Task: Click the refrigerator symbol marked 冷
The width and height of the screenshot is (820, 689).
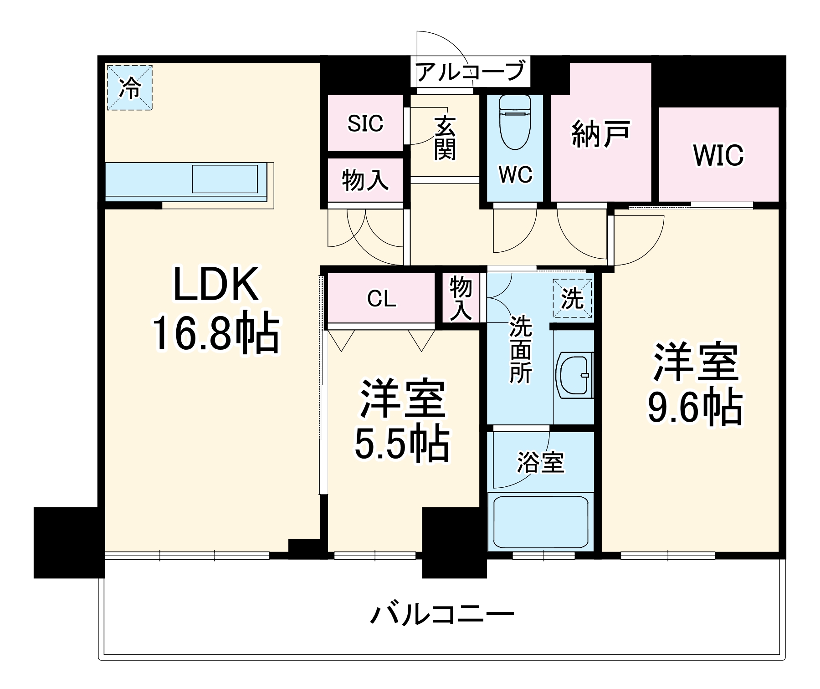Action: [130, 87]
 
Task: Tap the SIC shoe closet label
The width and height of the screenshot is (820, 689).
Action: [365, 123]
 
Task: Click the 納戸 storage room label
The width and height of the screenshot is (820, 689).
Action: [601, 133]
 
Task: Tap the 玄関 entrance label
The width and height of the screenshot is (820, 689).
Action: [445, 138]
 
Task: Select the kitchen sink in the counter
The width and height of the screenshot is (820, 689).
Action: [225, 179]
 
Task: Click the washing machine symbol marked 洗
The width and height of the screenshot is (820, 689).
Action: [573, 299]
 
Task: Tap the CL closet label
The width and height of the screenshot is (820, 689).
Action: [381, 299]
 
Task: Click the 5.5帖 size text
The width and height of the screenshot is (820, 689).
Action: [402, 444]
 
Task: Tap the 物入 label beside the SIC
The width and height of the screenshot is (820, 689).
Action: [365, 180]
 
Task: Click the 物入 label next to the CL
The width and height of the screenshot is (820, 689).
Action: [461, 299]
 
